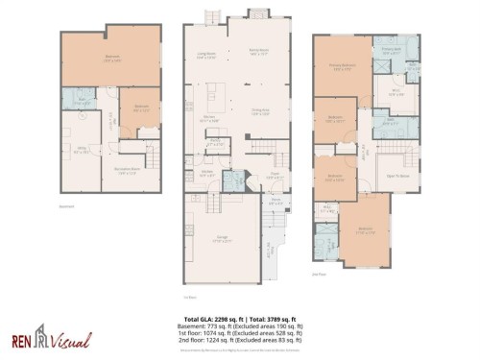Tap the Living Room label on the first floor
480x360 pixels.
205,56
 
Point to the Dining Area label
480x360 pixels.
259,111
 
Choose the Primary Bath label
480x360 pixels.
390,52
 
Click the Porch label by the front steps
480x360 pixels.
276,203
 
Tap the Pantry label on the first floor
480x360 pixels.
217,142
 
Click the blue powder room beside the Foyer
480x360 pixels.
233,180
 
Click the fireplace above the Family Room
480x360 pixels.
258,13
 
